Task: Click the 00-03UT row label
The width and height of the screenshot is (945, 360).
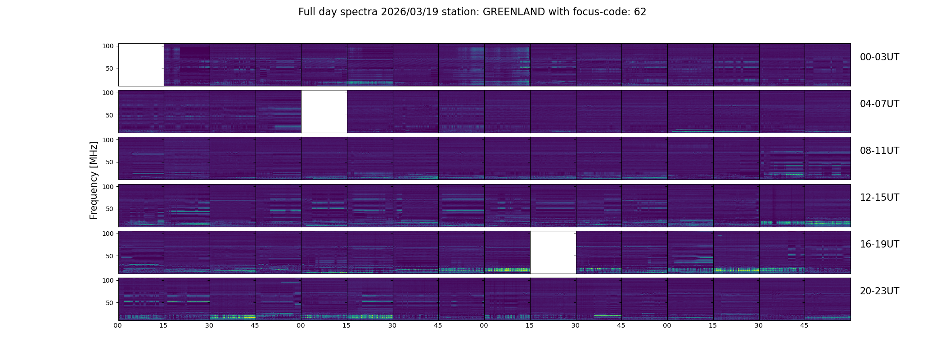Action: coord(879,57)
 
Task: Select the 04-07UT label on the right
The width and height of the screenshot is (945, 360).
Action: coord(879,104)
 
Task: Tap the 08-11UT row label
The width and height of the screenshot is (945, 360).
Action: coord(879,151)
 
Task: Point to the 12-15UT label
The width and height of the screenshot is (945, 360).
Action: coord(879,198)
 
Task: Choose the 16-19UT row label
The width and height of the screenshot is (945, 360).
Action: coord(879,244)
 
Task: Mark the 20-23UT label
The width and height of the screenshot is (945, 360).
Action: coord(879,291)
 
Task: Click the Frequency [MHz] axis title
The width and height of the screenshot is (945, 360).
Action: coord(94,180)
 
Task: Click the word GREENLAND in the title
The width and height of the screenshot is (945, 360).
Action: coord(514,12)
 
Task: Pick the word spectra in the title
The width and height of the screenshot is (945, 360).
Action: coord(362,12)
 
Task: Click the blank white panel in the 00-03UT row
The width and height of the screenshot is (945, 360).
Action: coord(141,64)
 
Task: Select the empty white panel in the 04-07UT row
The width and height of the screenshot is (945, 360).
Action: coord(324,111)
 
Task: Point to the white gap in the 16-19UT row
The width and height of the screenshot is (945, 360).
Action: coord(553,252)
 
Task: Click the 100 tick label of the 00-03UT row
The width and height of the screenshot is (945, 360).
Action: coord(108,46)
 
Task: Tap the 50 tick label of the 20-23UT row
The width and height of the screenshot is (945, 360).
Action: coord(110,303)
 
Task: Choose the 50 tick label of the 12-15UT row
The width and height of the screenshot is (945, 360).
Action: coord(110,209)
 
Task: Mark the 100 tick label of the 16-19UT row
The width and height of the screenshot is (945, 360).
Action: coord(108,234)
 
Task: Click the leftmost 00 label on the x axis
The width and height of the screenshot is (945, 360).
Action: coord(118,325)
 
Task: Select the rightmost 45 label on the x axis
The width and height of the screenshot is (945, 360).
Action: coord(804,325)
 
